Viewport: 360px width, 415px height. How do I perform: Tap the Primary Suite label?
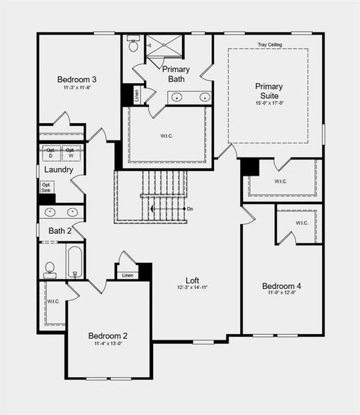tap(269, 91)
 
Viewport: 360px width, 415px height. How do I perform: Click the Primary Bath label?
tap(175, 74)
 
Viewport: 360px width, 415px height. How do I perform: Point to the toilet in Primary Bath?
tap(134, 45)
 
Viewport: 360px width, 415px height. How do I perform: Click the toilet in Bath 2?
tap(50, 267)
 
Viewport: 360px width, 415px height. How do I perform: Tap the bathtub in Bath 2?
tap(74, 261)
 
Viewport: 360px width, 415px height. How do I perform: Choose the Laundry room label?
tap(59, 170)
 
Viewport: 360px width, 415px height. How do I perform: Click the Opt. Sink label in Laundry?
tap(46, 187)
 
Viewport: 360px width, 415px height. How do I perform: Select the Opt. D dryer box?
tap(50, 151)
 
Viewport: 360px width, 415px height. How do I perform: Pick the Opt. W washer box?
tap(70, 151)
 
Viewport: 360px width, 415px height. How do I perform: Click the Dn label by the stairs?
tap(190, 208)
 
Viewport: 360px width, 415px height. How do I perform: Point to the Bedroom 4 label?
tap(281, 286)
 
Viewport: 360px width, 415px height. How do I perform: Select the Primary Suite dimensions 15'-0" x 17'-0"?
tap(269, 103)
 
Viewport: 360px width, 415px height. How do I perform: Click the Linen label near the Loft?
tap(127, 275)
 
